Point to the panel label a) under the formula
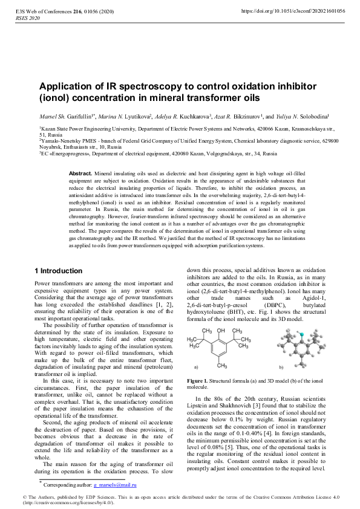tap(196, 367)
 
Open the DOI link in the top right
tap(293, 11)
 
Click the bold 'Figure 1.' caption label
tap(198, 380)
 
